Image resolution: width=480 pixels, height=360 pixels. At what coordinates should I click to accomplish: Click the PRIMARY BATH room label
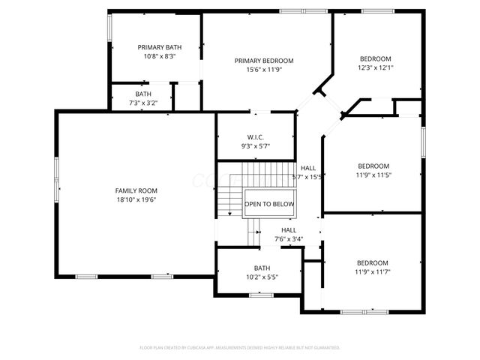[x=154, y=46]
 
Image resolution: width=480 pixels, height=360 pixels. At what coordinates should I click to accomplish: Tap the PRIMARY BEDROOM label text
[x=264, y=61]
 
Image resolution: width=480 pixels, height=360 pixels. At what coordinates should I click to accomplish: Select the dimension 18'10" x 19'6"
[x=136, y=200]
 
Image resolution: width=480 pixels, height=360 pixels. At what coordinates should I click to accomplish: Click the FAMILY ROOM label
[x=136, y=190]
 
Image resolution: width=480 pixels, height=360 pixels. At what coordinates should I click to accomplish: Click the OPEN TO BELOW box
[x=269, y=204]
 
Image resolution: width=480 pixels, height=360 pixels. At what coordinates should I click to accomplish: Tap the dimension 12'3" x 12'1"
[x=375, y=67]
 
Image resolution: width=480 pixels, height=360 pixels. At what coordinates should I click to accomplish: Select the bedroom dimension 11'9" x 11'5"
[x=373, y=175]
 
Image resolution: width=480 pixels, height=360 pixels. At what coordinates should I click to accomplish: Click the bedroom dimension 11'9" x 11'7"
[x=372, y=271]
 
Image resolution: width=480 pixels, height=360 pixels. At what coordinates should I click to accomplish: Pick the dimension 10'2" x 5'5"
[x=262, y=277]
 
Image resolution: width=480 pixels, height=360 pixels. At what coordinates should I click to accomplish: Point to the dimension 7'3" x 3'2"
[x=142, y=103]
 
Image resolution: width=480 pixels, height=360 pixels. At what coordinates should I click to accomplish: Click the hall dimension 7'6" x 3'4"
[x=289, y=239]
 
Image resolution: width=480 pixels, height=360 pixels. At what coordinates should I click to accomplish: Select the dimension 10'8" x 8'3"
[x=154, y=55]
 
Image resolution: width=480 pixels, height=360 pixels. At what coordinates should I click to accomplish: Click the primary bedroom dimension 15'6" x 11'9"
[x=264, y=70]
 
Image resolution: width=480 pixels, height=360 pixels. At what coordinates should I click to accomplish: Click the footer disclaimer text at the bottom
[x=240, y=347]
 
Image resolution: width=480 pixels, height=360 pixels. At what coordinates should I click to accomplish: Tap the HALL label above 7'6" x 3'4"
[x=289, y=230]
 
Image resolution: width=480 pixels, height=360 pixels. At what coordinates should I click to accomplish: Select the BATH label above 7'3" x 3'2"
[x=142, y=94]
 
